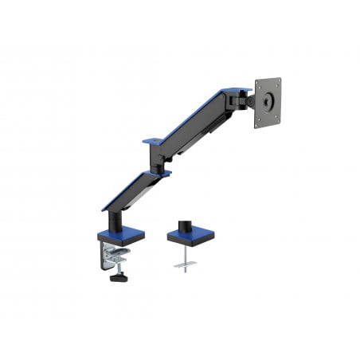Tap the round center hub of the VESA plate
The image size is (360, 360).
click(x=267, y=101)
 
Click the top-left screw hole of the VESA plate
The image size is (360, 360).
click(x=258, y=83)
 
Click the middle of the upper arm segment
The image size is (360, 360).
click(x=195, y=119)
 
